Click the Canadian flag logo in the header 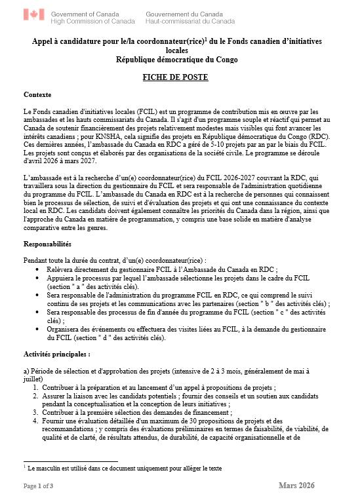point(34,14)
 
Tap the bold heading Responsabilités point(47,244)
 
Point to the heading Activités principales point(56,354)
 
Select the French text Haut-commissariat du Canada point(190,21)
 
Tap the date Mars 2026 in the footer point(296,485)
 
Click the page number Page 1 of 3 point(39,486)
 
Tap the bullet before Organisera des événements point(39,330)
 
